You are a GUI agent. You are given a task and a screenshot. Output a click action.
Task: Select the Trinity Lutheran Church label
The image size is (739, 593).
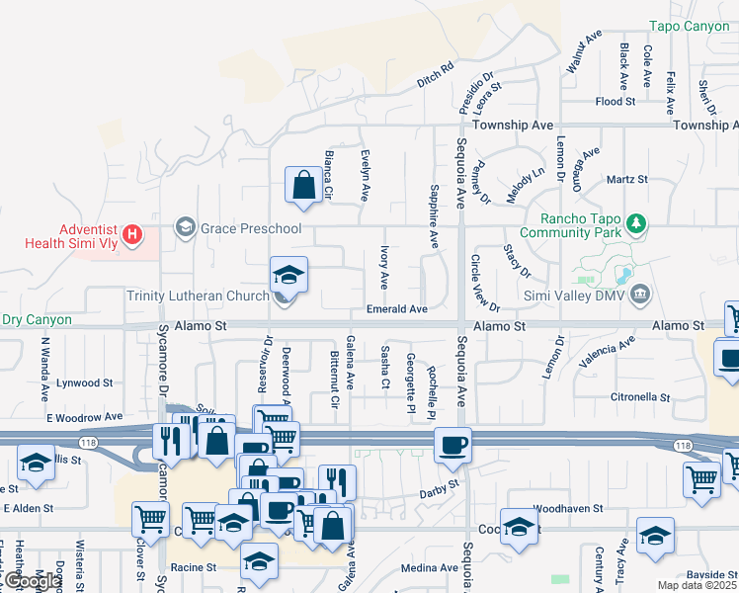198,296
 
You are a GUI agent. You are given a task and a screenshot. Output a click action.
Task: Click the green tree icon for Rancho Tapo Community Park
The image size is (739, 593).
637,224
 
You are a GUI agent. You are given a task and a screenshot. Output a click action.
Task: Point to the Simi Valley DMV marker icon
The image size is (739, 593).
640,293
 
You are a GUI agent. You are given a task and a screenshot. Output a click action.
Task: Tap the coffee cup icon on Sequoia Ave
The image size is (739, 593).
453,445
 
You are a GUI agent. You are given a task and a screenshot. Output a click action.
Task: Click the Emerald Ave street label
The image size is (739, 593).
396,309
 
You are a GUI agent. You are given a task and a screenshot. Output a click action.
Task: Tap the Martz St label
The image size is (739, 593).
626,180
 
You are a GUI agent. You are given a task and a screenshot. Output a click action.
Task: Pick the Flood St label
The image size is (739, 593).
615,102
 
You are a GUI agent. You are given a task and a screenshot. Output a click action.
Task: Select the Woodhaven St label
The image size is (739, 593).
567,508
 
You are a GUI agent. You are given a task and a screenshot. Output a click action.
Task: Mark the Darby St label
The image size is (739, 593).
441,485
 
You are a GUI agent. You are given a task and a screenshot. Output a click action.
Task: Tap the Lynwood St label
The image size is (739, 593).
85,382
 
